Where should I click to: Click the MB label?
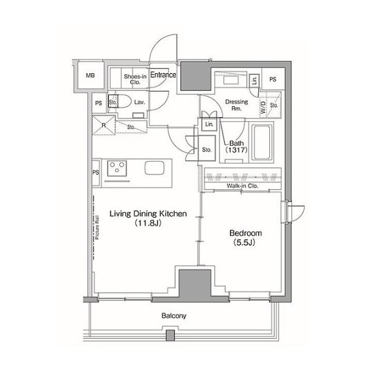(x=90, y=76)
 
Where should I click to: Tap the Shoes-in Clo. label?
(x=135, y=79)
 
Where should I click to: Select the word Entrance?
(x=163, y=75)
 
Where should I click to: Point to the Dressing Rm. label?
(x=237, y=105)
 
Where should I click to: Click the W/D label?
(x=263, y=108)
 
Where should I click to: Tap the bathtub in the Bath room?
(x=262, y=142)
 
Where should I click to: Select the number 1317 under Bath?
(x=236, y=150)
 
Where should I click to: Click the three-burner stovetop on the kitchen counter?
(x=117, y=168)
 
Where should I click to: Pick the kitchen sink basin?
(x=154, y=168)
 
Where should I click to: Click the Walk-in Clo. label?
(x=242, y=186)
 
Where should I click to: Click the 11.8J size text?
(x=148, y=223)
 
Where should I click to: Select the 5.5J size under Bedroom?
(x=245, y=242)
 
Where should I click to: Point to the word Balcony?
(x=174, y=316)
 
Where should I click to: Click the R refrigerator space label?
(x=103, y=125)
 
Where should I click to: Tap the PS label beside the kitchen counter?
(x=96, y=172)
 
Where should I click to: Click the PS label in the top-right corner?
(x=273, y=79)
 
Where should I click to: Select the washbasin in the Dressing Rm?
(x=231, y=81)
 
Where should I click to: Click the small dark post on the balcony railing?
(x=170, y=335)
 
